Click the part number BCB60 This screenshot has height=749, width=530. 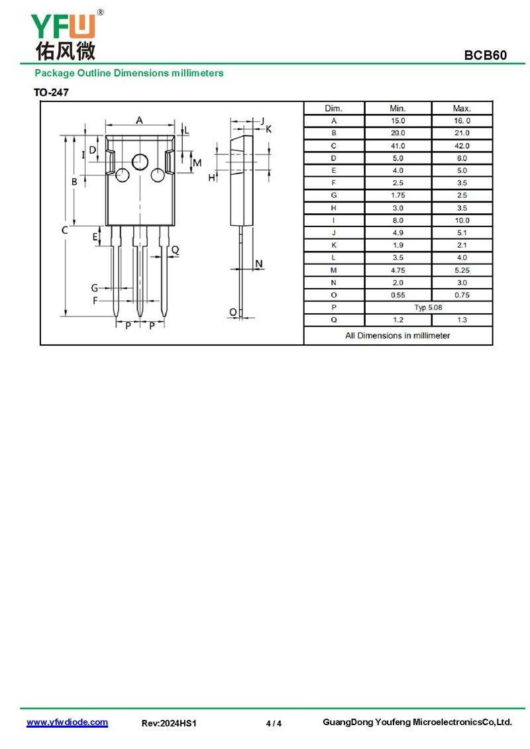pyautogui.click(x=485, y=55)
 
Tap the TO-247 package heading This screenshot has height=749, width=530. pyautogui.click(x=51, y=92)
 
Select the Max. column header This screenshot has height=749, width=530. pyautogui.click(x=462, y=109)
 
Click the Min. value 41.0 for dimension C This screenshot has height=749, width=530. pyautogui.click(x=397, y=146)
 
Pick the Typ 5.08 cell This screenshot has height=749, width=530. pyautogui.click(x=428, y=307)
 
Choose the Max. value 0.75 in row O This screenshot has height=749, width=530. pyautogui.click(x=462, y=295)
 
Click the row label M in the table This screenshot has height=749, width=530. pyautogui.click(x=334, y=270)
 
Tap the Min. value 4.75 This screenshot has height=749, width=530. pyautogui.click(x=397, y=270)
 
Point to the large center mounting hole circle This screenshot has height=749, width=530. pyautogui.click(x=140, y=162)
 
